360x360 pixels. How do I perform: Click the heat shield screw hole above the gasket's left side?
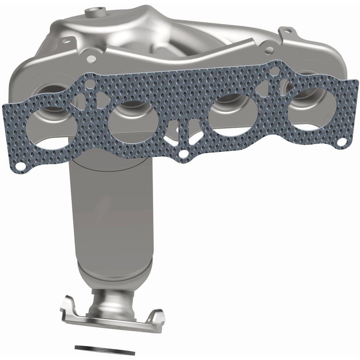88,59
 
